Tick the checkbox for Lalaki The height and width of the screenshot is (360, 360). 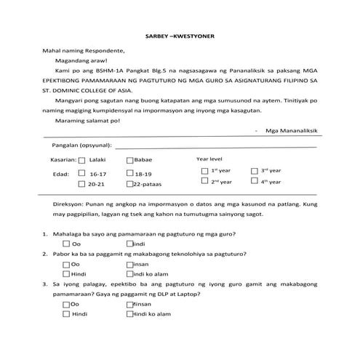coord(81,161)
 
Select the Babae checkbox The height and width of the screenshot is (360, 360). coord(129,161)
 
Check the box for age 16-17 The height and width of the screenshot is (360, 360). coord(81,175)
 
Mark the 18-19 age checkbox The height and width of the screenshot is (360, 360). coord(129,175)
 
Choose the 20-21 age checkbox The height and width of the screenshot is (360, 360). coord(81,185)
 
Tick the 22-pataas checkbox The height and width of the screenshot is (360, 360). coord(129,185)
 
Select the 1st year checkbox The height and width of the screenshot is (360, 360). coord(204,170)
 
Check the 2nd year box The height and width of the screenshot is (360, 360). coord(204,182)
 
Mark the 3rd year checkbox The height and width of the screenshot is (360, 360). coord(254,170)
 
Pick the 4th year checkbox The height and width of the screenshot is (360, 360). coord(254,182)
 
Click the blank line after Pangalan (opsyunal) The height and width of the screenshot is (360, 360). coord(218,146)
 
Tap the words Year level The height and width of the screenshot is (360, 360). coord(209,158)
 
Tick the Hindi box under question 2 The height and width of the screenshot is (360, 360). coord(66,273)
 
